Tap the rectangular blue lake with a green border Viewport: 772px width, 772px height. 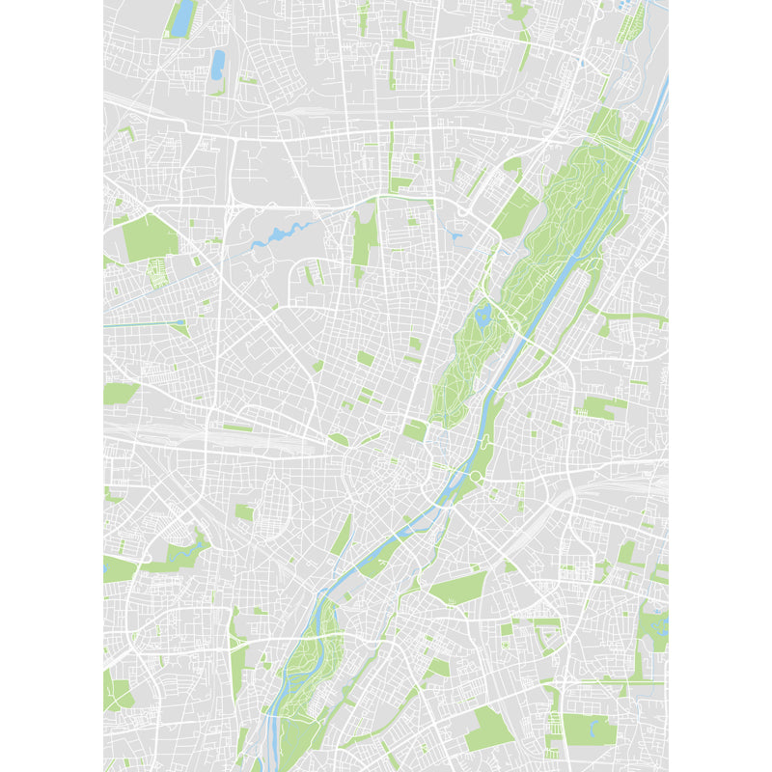click(180, 18)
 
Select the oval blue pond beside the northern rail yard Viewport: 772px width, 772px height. click(218, 64)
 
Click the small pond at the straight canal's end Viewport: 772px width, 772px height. click(180, 321)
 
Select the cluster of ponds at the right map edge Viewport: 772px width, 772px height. click(657, 627)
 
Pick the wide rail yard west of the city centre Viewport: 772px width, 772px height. click(241, 439)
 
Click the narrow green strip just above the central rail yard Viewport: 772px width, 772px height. click(237, 427)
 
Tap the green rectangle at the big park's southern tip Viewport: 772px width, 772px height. click(415, 430)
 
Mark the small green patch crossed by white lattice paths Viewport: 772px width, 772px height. click(156, 274)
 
